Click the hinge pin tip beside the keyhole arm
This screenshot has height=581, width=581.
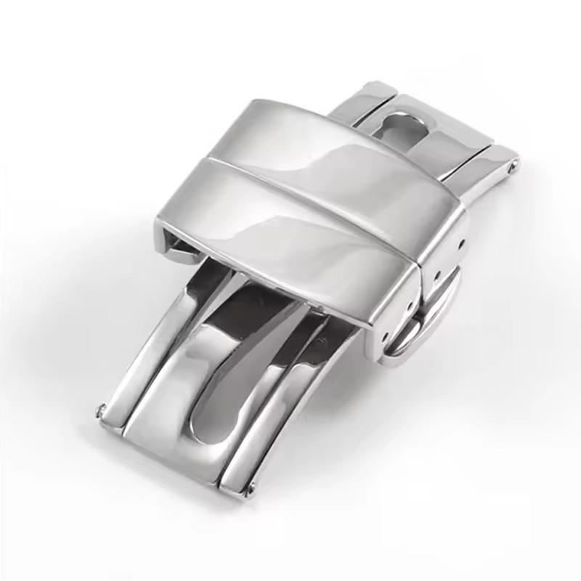pos(514,166)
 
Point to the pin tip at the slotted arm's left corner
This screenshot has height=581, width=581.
pos(100,413)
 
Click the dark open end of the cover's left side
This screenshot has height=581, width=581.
pos(178,243)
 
